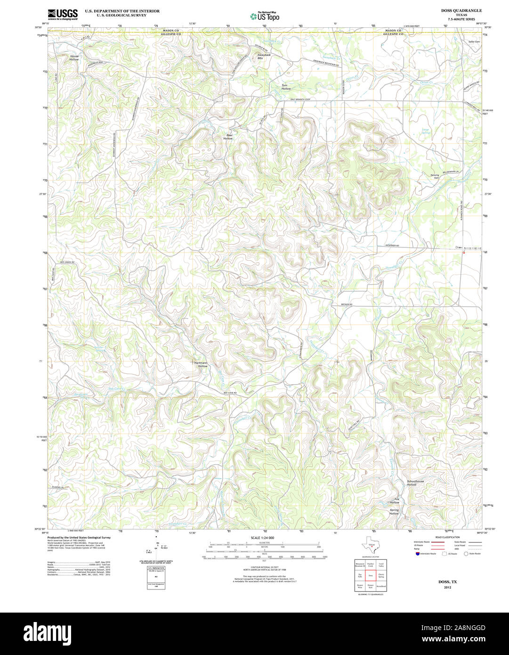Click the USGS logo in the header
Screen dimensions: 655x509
(x=63, y=15)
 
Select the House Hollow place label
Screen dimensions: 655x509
(x=74, y=58)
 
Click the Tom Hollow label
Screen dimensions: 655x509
(x=286, y=87)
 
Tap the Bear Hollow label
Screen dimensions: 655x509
(x=228, y=137)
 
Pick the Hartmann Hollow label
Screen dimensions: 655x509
(x=202, y=364)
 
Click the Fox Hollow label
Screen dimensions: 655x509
(x=395, y=501)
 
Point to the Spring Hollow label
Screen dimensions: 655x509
(x=394, y=512)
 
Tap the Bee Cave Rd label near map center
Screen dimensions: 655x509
(x=230, y=393)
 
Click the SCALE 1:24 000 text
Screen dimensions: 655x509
(x=262, y=538)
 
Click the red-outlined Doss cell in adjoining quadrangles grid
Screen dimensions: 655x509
(x=371, y=575)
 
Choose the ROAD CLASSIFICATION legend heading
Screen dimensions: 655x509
(x=447, y=537)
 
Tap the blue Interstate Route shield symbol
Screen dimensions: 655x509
(x=416, y=554)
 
